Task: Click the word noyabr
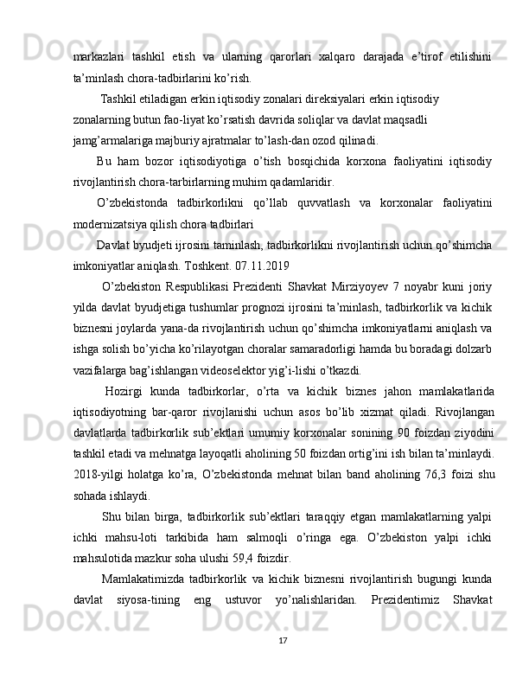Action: click(425, 286)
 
